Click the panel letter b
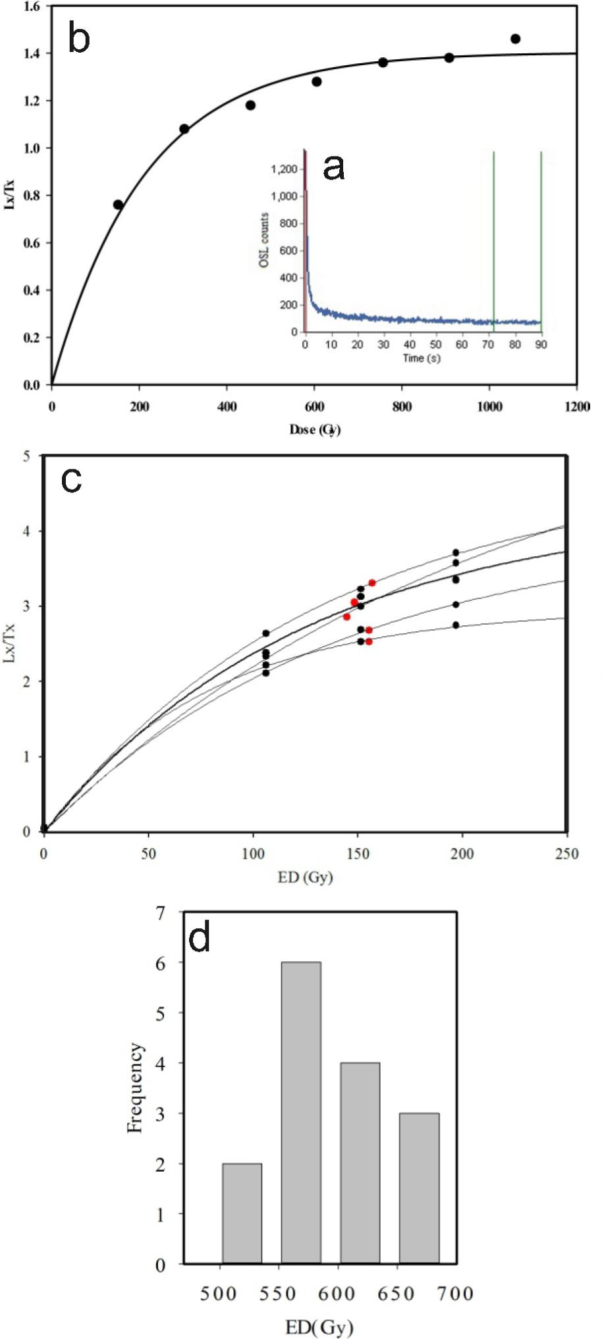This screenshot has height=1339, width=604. coord(79,40)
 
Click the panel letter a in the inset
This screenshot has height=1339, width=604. coord(334,169)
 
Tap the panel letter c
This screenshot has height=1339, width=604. coord(71,481)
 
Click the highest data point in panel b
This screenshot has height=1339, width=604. coord(515,39)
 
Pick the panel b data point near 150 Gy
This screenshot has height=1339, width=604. coord(118,205)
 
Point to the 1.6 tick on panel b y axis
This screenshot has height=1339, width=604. coord(30,6)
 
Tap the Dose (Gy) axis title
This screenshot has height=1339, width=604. coord(315,430)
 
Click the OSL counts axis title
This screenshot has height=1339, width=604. coord(263,241)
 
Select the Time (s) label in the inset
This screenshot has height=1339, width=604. coord(422,358)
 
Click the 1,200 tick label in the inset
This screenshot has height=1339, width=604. coord(285,169)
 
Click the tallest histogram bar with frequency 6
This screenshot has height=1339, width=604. coord(301,1113)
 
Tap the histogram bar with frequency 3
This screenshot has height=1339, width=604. coord(419,1188)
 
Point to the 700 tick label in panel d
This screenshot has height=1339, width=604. coord(456,1294)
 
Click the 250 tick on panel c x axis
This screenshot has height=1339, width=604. coord(565,854)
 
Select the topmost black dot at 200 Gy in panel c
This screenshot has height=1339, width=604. coord(456,552)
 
